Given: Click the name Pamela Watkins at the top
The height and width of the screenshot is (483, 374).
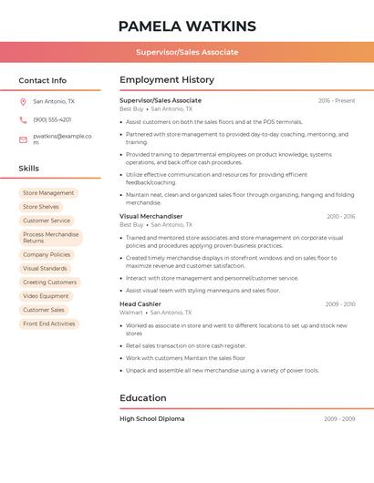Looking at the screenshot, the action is tap(187, 26).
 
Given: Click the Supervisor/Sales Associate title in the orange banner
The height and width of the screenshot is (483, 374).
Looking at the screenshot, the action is tap(187, 52).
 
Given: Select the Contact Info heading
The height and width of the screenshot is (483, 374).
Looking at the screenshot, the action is tap(43, 80).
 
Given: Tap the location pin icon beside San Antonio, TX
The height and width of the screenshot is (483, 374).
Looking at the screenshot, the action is tap(23, 101).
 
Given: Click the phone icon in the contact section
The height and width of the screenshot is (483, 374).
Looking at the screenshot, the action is tap(23, 119).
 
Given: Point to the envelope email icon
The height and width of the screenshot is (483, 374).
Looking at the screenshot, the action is tap(23, 139).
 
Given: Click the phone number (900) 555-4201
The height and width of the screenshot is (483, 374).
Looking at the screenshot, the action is tap(52, 119).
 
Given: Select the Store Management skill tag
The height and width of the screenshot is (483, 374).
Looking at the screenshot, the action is tap(48, 193).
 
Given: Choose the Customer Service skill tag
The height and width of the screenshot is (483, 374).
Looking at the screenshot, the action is tap(47, 221).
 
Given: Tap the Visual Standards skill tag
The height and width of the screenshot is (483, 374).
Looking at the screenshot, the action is tap(45, 269).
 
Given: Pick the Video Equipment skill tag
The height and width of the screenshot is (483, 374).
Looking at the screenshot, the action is tap(46, 296).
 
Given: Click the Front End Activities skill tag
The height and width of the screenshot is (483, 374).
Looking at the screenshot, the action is tap(49, 324).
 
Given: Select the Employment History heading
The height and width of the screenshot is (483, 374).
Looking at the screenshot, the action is tap(166, 80).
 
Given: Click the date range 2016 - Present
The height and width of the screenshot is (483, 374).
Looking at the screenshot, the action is tap(337, 100).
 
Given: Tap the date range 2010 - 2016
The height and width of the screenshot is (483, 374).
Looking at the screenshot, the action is tap(340, 216).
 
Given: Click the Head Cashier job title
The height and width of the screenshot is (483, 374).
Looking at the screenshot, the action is tap(140, 303).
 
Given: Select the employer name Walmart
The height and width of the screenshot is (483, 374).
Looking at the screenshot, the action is tap(131, 312).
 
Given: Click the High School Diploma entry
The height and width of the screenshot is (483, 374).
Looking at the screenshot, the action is tap(151, 418).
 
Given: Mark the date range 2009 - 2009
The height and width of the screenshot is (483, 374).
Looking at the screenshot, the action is tap(339, 418).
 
